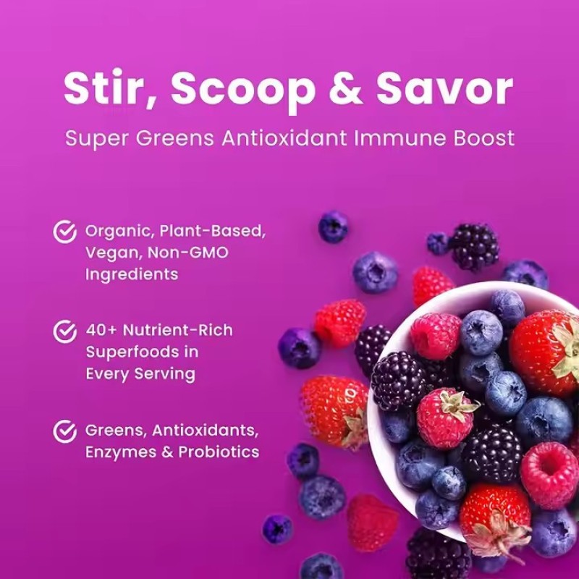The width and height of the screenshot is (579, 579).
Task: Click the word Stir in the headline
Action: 109,89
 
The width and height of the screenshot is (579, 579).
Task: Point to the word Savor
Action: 449,89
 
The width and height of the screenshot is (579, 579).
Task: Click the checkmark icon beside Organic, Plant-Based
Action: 65,232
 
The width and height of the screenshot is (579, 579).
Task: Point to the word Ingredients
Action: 131,274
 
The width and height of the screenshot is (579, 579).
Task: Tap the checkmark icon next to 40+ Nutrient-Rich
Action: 65,331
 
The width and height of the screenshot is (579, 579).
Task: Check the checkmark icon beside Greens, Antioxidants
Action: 65,431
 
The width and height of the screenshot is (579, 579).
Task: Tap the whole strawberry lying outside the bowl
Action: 333,411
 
